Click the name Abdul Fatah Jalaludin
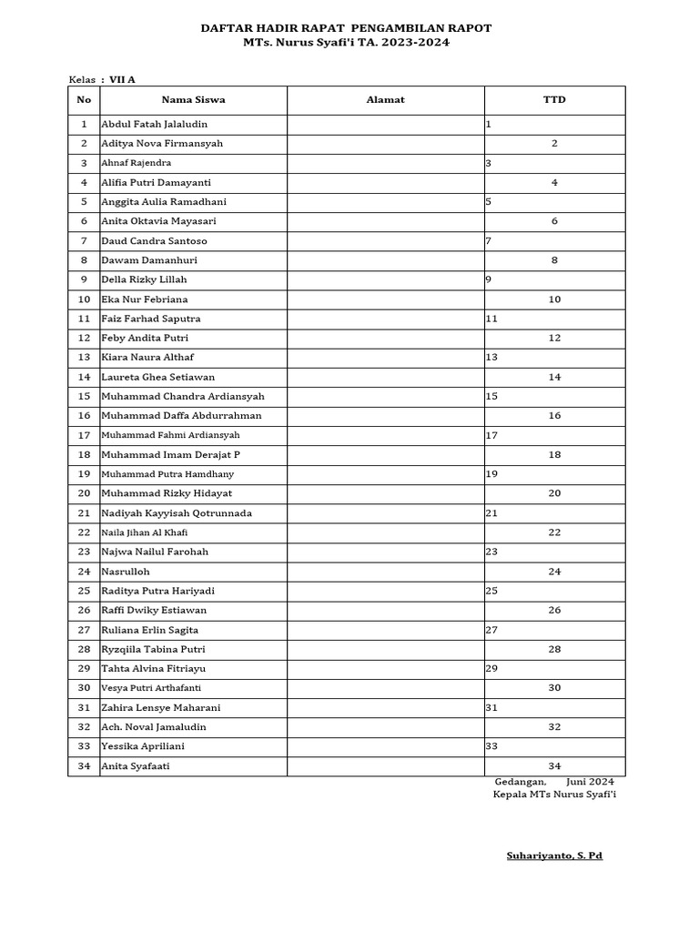[x=160, y=124]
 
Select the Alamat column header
[x=385, y=100]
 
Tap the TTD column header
[x=554, y=100]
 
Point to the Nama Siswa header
[x=193, y=100]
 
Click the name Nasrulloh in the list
[x=125, y=572]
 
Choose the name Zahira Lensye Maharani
[x=160, y=707]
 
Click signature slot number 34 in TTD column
[x=554, y=766]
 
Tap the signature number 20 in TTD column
[x=554, y=493]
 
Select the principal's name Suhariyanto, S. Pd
[x=554, y=856]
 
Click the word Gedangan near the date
[x=521, y=782]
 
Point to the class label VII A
[x=122, y=80]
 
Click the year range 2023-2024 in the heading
[x=412, y=42]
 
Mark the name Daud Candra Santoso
[x=154, y=241]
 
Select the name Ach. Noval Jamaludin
[x=154, y=727]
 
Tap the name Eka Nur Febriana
[x=146, y=299]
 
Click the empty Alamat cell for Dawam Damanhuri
[x=385, y=260]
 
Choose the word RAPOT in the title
[x=468, y=28]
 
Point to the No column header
[x=84, y=100]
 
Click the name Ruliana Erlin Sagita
[x=149, y=630]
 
